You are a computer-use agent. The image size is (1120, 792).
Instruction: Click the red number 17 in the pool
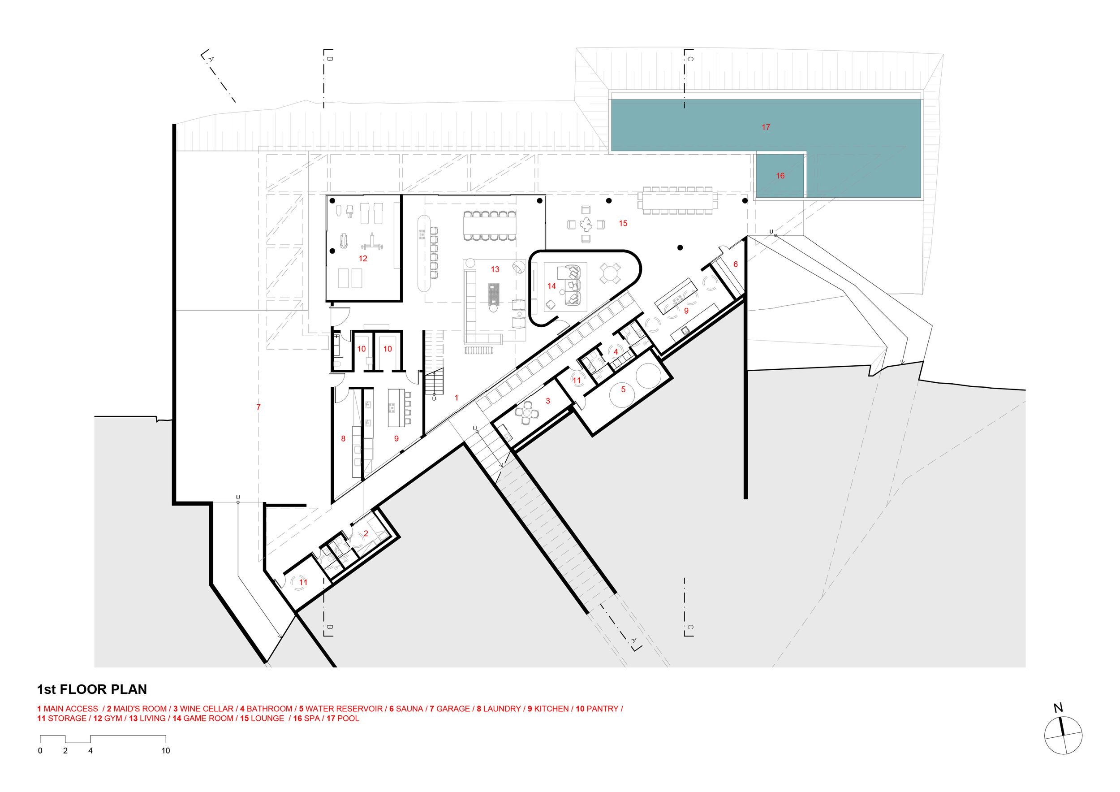pos(766,127)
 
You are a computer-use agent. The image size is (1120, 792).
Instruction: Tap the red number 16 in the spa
pos(780,176)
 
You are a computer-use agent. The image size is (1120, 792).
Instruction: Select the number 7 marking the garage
pos(258,407)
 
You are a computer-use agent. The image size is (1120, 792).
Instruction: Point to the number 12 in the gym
pos(363,259)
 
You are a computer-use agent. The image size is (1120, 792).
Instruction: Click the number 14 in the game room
pos(551,286)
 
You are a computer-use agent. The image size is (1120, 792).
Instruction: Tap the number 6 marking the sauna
pos(736,264)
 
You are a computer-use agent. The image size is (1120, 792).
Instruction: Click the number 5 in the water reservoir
pos(623,390)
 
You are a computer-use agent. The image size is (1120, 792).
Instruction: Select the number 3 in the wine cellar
pos(548,401)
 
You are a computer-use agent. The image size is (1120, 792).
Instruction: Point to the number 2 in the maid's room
pos(366,534)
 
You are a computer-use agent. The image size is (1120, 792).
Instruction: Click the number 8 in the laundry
pos(344,439)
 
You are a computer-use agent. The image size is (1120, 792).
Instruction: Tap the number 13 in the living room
pos(495,269)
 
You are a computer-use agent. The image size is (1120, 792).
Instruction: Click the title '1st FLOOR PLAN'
pos(92,689)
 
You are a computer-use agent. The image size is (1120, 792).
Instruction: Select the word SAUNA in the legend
pos(409,709)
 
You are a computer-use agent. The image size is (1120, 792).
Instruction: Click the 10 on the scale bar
pos(166,750)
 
